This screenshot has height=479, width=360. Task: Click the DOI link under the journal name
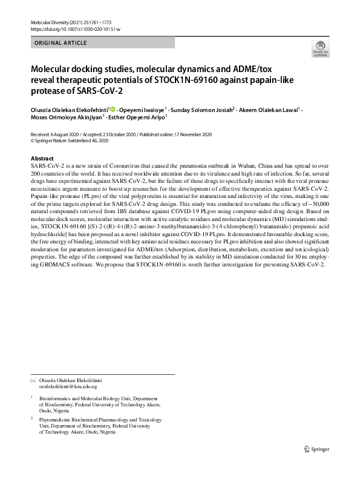tap(75, 29)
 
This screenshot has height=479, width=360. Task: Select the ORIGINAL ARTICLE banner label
tap(61, 43)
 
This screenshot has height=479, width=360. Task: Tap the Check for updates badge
tap(319, 50)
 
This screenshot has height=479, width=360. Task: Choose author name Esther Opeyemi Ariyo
tap(138, 117)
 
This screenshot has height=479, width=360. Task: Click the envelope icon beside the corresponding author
tap(33, 380)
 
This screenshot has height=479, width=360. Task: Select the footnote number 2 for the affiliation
tap(31, 418)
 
